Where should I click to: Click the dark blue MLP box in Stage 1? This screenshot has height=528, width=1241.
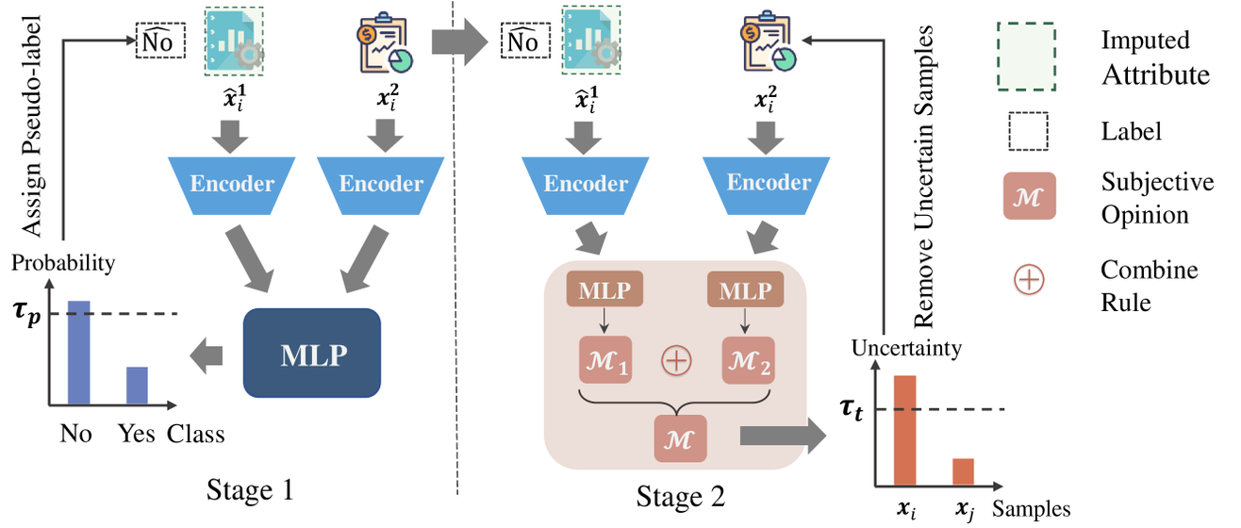tap(311, 353)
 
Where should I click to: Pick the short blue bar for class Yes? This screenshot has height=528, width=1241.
tap(137, 385)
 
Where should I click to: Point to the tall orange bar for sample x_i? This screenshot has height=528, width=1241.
tap(904, 430)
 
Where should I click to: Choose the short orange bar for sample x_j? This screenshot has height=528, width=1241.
tap(962, 471)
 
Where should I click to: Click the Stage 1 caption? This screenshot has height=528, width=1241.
tap(250, 491)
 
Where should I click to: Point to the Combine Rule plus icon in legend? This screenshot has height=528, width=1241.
tap(1027, 280)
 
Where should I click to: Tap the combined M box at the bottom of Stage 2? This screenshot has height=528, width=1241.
tap(679, 437)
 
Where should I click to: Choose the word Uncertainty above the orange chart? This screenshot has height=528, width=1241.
tap(906, 348)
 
